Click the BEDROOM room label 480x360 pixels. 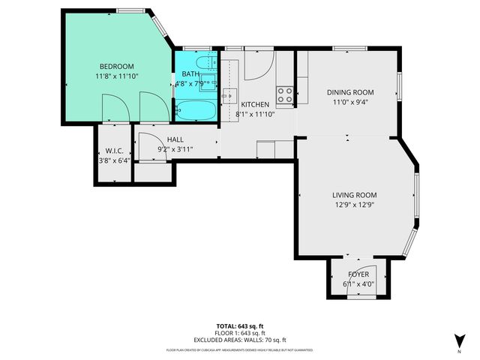pyautogui.click(x=117, y=66)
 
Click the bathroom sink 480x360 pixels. pyautogui.click(x=209, y=81)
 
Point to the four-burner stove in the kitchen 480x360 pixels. pyautogui.click(x=285, y=94)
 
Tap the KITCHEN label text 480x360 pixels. pyautogui.click(x=256, y=105)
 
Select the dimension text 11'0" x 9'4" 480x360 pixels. pyautogui.click(x=350, y=103)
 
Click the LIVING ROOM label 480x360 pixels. pyautogui.click(x=353, y=195)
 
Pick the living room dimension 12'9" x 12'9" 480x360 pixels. pyautogui.click(x=353, y=205)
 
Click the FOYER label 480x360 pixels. pyautogui.click(x=358, y=274)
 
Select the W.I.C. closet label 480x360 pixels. pyautogui.click(x=114, y=149)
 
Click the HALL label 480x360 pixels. pyautogui.click(x=175, y=139)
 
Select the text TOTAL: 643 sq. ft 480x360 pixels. pyautogui.click(x=239, y=326)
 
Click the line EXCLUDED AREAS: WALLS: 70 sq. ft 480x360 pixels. pyautogui.click(x=239, y=339)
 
